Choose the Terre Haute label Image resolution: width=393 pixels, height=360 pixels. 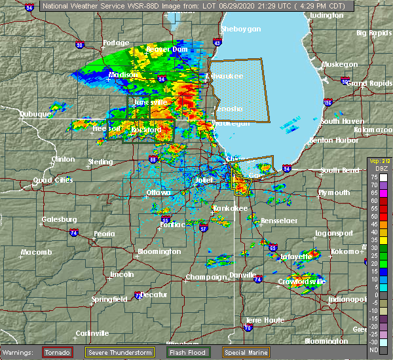pos(260,321)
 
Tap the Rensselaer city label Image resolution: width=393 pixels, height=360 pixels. pos(279,221)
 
